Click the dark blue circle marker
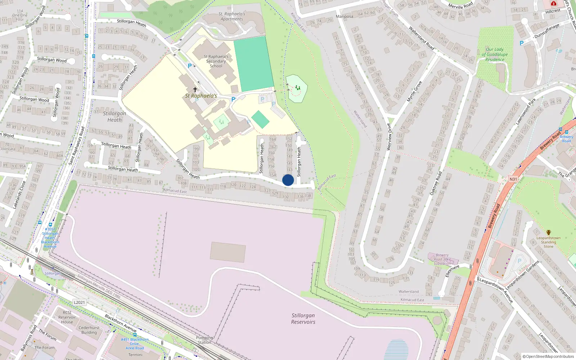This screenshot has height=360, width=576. (288, 180)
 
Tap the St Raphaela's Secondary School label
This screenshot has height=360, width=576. (216, 61)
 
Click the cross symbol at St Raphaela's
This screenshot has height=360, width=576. (195, 89)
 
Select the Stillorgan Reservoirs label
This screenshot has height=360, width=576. (303, 319)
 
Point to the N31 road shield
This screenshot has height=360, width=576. (513, 179)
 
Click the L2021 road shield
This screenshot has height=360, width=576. (80, 302)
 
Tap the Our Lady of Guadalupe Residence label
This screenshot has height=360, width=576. (495, 54)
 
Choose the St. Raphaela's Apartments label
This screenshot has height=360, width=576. (232, 17)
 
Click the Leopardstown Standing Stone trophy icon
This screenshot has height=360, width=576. (548, 233)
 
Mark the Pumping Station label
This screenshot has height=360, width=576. (204, 340)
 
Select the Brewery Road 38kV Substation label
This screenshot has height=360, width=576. (442, 259)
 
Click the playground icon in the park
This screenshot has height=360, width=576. (297, 87)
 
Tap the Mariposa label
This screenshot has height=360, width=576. (345, 17)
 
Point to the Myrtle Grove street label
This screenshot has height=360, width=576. (414, 91)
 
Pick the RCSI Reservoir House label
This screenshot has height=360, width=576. (67, 317)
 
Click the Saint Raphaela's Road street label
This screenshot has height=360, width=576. (77, 146)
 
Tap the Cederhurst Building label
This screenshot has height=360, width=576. (89, 330)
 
